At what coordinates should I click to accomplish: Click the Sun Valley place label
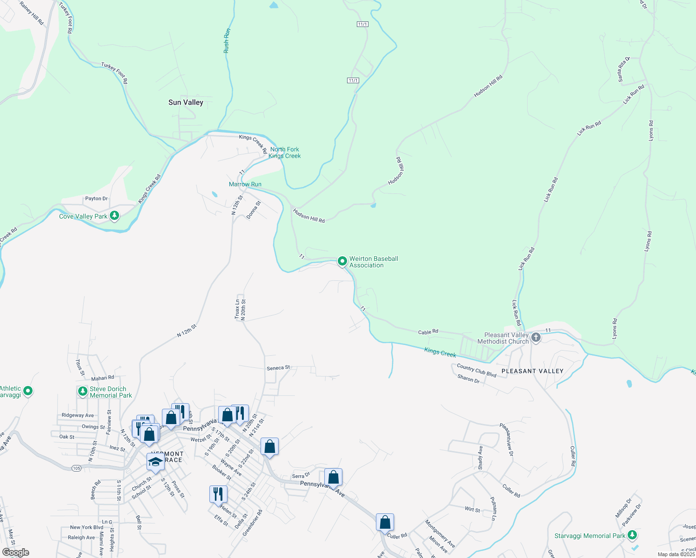tap(186, 102)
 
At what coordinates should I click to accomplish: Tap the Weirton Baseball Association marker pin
tap(342, 261)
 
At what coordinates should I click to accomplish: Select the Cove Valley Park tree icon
tap(114, 216)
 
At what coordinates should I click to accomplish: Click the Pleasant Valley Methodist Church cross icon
tap(536, 338)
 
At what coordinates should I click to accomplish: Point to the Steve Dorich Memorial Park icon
tap(83, 392)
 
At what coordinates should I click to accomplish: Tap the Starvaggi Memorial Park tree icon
tap(632, 536)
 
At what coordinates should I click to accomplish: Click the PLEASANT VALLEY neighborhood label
tap(532, 371)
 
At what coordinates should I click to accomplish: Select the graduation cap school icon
tap(155, 462)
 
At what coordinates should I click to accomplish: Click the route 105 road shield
tap(77, 468)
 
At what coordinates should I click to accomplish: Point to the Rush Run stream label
tap(227, 41)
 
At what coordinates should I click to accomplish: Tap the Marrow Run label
tap(245, 184)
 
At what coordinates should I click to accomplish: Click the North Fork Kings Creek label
tap(285, 153)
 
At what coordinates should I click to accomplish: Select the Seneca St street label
tap(278, 368)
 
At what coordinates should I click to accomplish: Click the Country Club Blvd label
tap(476, 371)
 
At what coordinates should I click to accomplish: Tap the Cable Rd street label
tap(428, 332)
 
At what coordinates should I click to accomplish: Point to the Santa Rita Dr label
tap(623, 69)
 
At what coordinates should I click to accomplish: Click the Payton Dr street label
tap(96, 199)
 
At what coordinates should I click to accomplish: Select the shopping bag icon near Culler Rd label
tap(385, 522)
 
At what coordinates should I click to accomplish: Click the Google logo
tap(15, 552)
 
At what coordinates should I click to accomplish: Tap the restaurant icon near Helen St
tap(218, 494)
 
